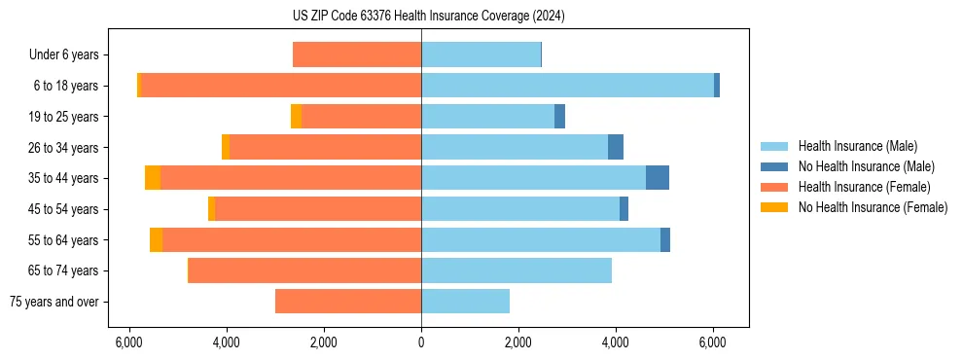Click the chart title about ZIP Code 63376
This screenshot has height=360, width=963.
coord(428,16)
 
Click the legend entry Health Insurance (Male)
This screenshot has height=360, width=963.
coord(857,146)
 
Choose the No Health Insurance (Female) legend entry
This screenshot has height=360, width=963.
coord(873,207)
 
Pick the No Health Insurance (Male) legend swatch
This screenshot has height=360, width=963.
coord(774,166)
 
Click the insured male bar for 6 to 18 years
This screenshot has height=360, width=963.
coord(567,86)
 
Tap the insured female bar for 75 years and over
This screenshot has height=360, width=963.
coord(348,302)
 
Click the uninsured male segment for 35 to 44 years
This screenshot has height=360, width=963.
coord(658,178)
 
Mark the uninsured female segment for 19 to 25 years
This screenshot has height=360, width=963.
coord(296,117)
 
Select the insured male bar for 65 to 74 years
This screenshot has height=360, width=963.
coord(517,270)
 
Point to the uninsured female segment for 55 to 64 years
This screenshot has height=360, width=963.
coord(156,239)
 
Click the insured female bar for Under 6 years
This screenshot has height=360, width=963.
coord(357,54)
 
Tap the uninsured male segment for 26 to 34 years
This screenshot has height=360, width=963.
coord(616,147)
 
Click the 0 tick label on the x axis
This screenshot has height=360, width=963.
coord(421,342)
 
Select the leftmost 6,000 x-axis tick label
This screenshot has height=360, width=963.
coord(129,342)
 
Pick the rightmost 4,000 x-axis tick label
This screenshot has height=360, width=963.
coord(615,342)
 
